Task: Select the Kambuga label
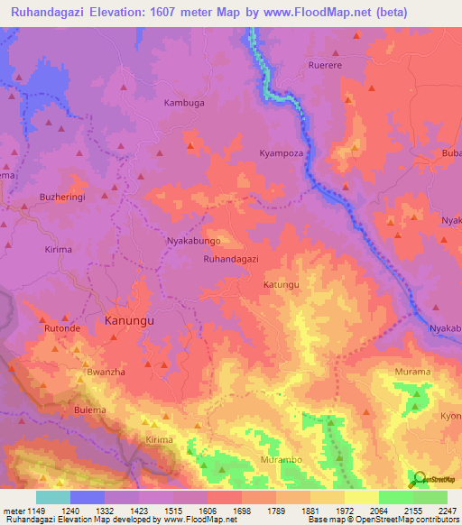184,103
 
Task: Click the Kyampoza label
283,153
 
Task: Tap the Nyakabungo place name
194,242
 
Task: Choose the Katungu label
281,285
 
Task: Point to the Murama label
413,372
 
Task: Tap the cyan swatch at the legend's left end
53,497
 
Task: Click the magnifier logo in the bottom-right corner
419,478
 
